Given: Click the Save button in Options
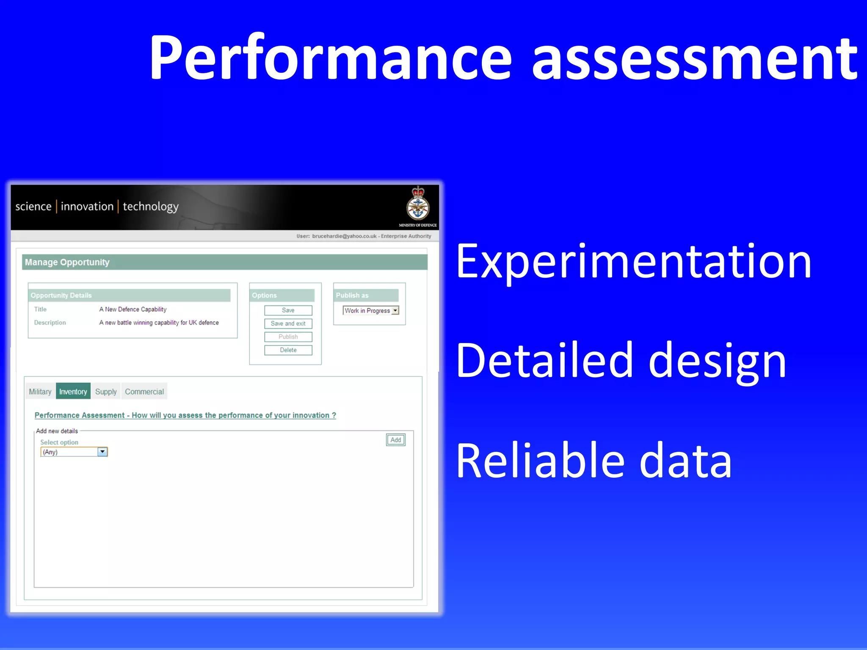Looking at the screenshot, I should [x=288, y=310].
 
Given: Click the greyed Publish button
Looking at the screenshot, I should [x=288, y=337].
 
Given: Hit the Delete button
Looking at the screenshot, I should [x=288, y=350].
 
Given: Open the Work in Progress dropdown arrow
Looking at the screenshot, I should [x=395, y=310].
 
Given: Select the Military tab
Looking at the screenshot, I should [x=40, y=392].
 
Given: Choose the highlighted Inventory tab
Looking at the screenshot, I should [x=73, y=392].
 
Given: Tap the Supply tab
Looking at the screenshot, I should [x=106, y=392].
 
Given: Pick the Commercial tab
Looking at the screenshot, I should [x=144, y=392].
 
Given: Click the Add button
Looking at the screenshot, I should [x=396, y=440].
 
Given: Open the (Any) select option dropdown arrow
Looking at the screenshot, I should [x=102, y=452].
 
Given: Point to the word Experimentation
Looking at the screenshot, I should [x=633, y=263].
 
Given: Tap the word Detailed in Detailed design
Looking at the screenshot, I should [x=544, y=360].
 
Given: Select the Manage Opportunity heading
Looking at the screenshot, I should [x=67, y=262].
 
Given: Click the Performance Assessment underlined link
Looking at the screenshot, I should [x=185, y=415].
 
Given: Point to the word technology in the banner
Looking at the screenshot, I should [x=151, y=207].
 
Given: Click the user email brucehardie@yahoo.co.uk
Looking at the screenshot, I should [x=344, y=236].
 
